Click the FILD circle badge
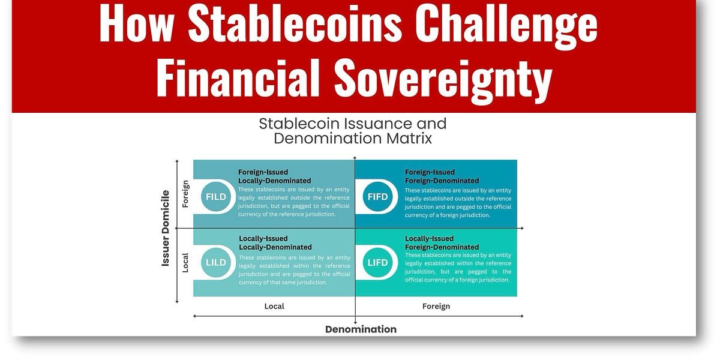(x=216, y=196)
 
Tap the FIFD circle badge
(x=378, y=196)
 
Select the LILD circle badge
(x=216, y=262)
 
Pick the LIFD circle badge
(x=378, y=262)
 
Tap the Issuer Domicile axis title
(x=166, y=228)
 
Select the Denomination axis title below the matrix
(x=361, y=329)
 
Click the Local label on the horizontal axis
(x=274, y=306)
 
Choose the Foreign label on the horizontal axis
(x=436, y=306)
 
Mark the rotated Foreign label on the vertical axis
(x=185, y=194)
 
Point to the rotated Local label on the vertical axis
(x=185, y=262)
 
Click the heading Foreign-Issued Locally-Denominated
(x=274, y=176)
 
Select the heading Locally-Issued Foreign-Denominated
(x=442, y=242)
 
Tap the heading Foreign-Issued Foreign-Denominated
(x=442, y=176)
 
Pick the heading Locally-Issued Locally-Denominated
(x=275, y=242)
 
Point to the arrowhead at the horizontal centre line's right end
(x=521, y=228)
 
